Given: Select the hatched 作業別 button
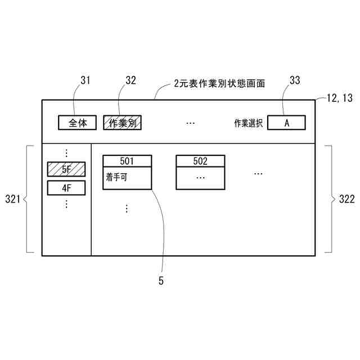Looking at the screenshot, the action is coord(122,123).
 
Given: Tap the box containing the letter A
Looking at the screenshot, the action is coord(286,123).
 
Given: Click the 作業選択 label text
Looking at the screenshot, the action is coord(248,123).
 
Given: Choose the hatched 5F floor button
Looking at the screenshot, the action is coord(66,169).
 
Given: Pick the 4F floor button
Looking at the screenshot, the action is coord(66,187).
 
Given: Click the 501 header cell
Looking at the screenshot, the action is coord(127,161).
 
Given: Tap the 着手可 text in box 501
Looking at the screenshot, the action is coord(116,177).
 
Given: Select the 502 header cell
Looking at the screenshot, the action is coord(200,161).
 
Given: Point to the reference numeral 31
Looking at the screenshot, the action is coord(85,80).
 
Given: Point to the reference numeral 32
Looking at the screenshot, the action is coord(130,80).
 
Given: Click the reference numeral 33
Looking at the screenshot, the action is coord(295,80).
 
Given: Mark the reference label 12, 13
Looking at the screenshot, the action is coord(339,98).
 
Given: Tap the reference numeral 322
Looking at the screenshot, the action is coord(345,199).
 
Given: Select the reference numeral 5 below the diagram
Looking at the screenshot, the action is coord(161,281).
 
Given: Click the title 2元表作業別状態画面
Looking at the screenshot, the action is coord(219,83).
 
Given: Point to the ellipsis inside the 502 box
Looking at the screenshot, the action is coord(200,177).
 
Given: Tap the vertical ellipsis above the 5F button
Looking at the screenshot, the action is coord(66,153).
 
